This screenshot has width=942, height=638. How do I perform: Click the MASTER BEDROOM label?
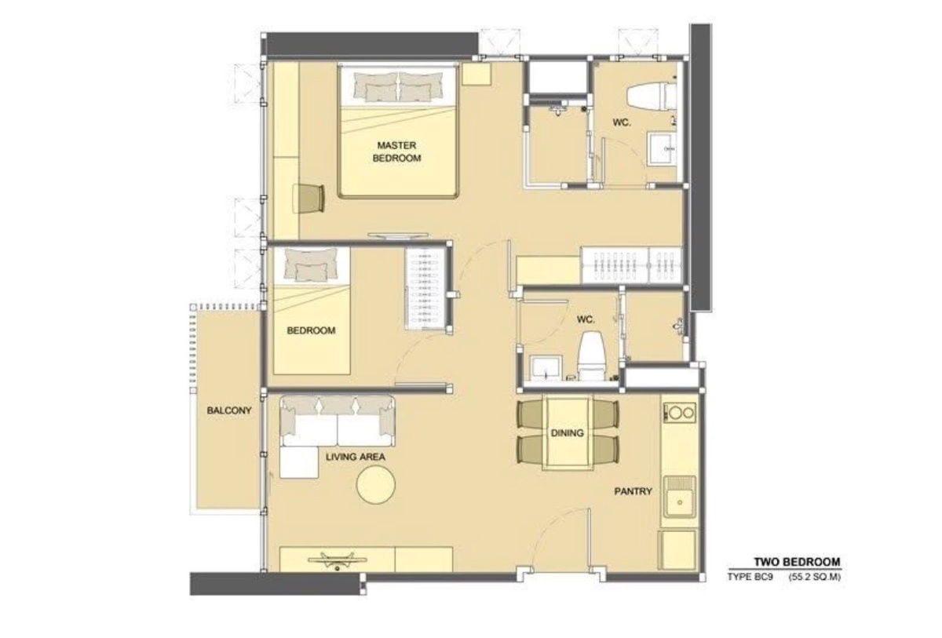pos(396,151)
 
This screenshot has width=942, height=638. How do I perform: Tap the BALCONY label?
pos(229,410)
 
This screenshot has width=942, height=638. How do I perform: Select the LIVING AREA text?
pos(356,457)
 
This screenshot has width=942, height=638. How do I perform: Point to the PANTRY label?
pos(633,491)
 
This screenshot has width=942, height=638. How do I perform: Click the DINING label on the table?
pos(568,433)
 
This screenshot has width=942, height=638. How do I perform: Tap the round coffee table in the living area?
pos(375,485)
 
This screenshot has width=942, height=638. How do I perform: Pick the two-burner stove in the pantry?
pos(679,412)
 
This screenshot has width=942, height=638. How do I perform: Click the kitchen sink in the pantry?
pos(679,497)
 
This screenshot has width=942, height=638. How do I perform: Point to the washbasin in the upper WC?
pos(662,148)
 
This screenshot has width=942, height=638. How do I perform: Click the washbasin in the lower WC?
pos(546,368)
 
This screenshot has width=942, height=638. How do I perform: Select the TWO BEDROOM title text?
pos(797,562)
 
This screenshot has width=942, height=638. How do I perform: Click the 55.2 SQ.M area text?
pos(815,577)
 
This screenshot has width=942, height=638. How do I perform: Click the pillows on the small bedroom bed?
pos(311,264)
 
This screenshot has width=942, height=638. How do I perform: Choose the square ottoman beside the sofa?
pos(299,462)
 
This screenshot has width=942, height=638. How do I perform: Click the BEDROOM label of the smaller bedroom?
pos(311,330)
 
